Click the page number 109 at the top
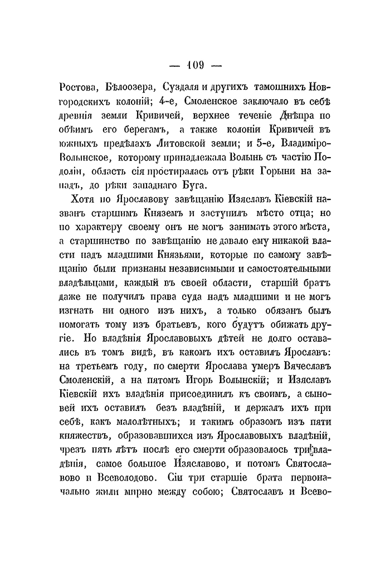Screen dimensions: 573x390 click(194, 66)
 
